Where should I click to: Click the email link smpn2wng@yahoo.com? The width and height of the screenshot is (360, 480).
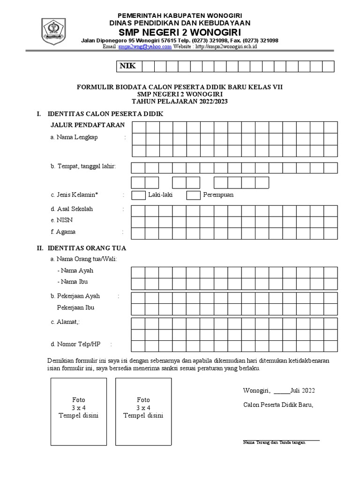(145, 47)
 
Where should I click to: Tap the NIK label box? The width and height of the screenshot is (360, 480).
(128, 66)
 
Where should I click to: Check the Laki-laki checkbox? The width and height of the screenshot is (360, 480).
(138, 195)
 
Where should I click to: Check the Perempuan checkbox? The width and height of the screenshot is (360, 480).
(194, 195)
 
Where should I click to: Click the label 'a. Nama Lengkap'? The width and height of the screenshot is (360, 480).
(77, 138)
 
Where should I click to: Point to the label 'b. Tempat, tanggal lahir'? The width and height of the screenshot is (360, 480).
(83, 166)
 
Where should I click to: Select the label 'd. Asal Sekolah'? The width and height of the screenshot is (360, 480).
(72, 209)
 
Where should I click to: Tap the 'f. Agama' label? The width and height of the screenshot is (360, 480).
(63, 232)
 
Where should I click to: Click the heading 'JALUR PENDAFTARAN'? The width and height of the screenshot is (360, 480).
(88, 125)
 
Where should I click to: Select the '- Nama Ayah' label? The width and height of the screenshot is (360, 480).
(75, 270)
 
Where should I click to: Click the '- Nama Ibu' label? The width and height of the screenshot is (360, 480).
(72, 282)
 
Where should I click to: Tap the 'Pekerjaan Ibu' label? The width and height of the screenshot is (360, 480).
(75, 307)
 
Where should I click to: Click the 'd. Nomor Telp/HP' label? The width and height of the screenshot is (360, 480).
(75, 344)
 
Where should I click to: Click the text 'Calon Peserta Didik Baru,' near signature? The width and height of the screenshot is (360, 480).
(278, 405)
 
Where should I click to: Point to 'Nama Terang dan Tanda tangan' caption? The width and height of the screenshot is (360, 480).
(274, 442)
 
